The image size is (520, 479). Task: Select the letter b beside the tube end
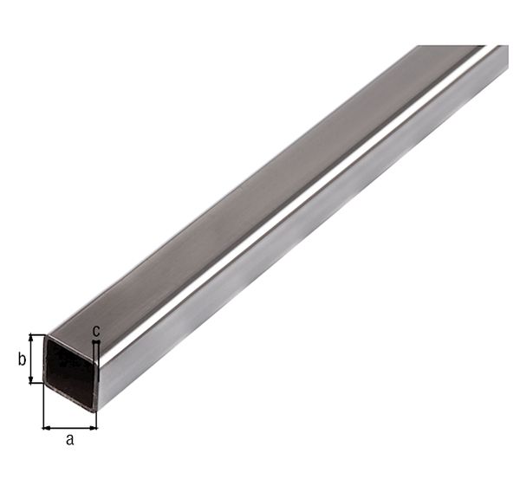coord(22,359)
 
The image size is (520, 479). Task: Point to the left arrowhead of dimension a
coord(45,426)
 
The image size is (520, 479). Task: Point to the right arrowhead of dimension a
coord(94,426)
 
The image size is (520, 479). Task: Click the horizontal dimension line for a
coord(70,426)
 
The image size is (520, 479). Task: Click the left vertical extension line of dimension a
coord(43,407)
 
